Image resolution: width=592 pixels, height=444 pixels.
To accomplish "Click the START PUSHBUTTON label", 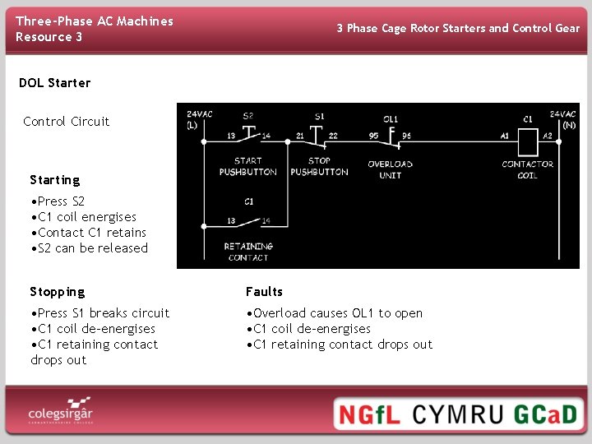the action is point(247,167).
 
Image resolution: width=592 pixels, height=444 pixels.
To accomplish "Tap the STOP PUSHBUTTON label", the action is point(319,167).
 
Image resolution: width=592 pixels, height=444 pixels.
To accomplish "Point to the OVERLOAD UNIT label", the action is point(390,169).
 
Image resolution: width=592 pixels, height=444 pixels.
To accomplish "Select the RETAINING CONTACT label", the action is point(247,252).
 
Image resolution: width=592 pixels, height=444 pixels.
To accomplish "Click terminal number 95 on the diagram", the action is point(374,135).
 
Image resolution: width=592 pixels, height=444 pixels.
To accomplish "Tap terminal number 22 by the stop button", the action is point(332,135).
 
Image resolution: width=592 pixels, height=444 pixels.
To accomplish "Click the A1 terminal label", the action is point(505,135).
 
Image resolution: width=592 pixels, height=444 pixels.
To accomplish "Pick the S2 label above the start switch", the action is point(247,116).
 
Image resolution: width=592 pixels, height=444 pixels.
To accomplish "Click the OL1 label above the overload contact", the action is point(391,119).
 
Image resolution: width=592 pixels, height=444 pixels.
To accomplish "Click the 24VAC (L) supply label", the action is point(199,119).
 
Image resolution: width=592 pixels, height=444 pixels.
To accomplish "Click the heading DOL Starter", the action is point(54,83).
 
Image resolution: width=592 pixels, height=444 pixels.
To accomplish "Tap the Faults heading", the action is point(264,292).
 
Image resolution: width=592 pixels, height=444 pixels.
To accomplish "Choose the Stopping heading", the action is point(57,292).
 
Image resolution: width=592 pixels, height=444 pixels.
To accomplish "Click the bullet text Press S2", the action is point(58,201).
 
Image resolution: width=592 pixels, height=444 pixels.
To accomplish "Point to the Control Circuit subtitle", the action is point(66,122).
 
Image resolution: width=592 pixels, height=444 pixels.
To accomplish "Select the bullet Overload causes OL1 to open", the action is point(335,313).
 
